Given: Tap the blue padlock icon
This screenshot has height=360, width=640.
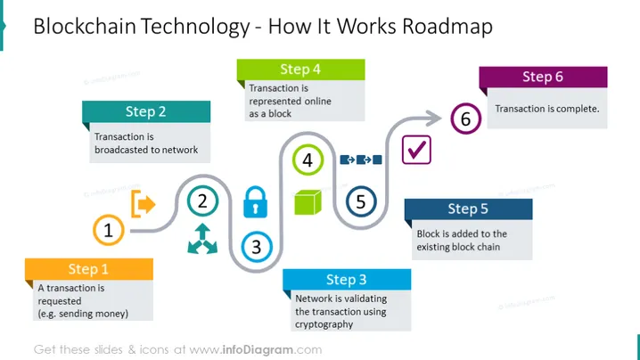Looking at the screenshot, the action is click(256, 202).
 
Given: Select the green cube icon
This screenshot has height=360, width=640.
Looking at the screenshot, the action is click(308, 202).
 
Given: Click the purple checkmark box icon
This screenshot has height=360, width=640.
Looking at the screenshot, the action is click(416, 150).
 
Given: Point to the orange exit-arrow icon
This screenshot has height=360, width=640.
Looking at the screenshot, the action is click(144, 204).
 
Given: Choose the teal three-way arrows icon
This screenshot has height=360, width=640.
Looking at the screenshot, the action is click(202, 239).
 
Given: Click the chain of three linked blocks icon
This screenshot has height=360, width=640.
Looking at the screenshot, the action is click(361, 160).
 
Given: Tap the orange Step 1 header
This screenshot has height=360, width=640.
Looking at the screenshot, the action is click(89, 269).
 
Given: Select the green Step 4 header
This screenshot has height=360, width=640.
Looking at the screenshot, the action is click(300, 70).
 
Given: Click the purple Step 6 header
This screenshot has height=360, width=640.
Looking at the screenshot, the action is click(543, 77).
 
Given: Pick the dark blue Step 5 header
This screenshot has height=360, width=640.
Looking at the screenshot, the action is click(469, 209).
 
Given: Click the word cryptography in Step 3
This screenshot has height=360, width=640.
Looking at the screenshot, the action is click(324, 324).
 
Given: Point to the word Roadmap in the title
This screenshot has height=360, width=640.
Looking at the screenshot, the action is click(447, 27).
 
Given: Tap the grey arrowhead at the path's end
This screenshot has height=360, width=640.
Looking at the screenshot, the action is click(433, 119).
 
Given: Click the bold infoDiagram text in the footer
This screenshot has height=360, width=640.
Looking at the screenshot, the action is click(258, 350).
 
